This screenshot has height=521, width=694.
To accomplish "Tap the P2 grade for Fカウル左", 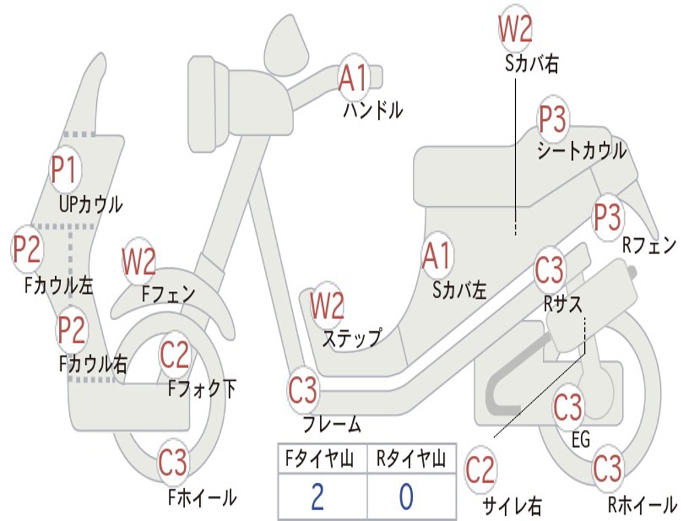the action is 28,249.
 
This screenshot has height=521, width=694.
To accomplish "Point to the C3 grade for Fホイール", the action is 173,463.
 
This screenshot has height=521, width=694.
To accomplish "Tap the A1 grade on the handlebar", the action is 354,78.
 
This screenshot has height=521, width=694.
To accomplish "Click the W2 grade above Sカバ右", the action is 515,28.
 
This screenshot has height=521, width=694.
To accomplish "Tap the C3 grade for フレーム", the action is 303,390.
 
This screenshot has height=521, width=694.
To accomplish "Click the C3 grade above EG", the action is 568,408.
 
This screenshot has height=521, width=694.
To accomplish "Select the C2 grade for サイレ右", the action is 481,470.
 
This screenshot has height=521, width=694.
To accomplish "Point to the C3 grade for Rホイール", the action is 607,469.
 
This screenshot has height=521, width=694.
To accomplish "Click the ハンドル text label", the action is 373,110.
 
